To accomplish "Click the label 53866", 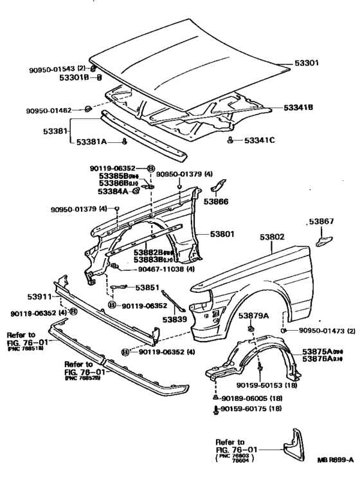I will click(216, 201).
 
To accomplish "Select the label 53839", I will click(174, 319).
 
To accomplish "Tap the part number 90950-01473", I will click(322, 330).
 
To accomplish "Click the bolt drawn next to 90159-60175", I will click(215, 409).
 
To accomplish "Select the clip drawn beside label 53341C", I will click(230, 140).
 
